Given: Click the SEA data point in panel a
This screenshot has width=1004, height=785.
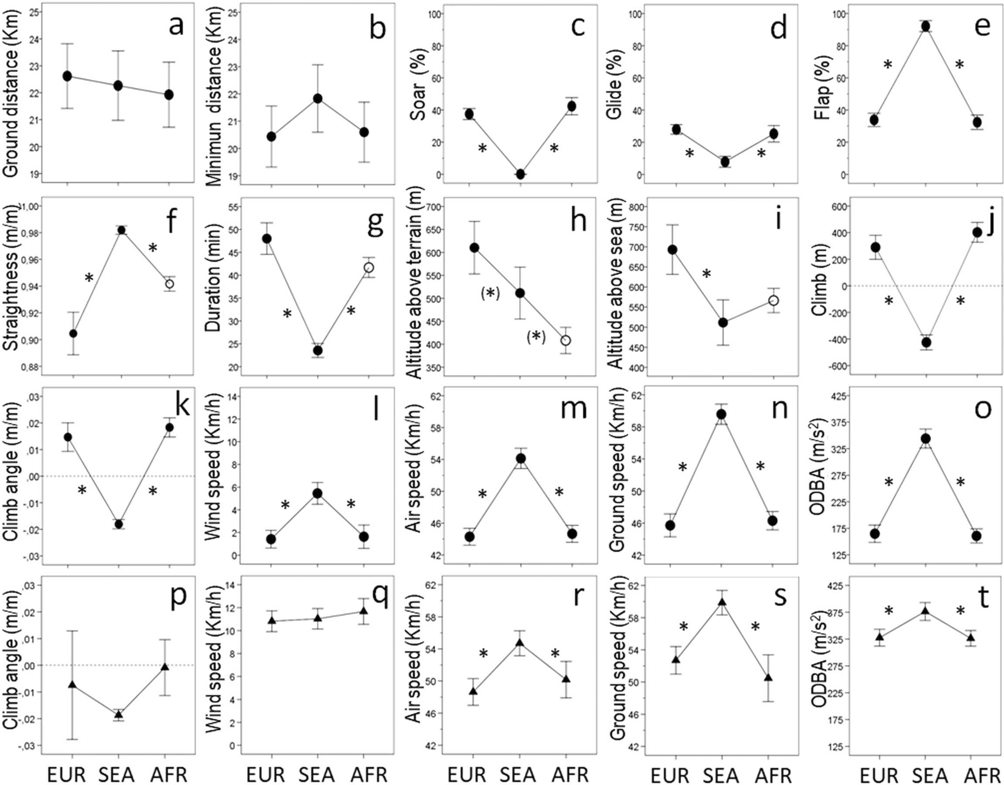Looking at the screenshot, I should pos(118,86).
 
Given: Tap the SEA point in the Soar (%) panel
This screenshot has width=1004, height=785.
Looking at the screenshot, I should pos(520,174).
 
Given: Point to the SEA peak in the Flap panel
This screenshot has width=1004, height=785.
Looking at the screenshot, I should pos(925,26).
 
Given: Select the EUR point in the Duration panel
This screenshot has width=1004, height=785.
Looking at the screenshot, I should pos(266,238).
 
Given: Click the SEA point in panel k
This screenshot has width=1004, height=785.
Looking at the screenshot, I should pos(118,524).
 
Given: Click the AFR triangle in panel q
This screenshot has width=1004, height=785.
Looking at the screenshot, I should pos(364,611).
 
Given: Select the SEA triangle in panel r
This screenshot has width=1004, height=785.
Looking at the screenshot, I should pos(520,643).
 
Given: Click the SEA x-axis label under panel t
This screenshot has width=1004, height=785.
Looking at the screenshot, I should pos(926,775).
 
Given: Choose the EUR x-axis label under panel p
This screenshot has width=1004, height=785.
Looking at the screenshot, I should pos(66,775).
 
